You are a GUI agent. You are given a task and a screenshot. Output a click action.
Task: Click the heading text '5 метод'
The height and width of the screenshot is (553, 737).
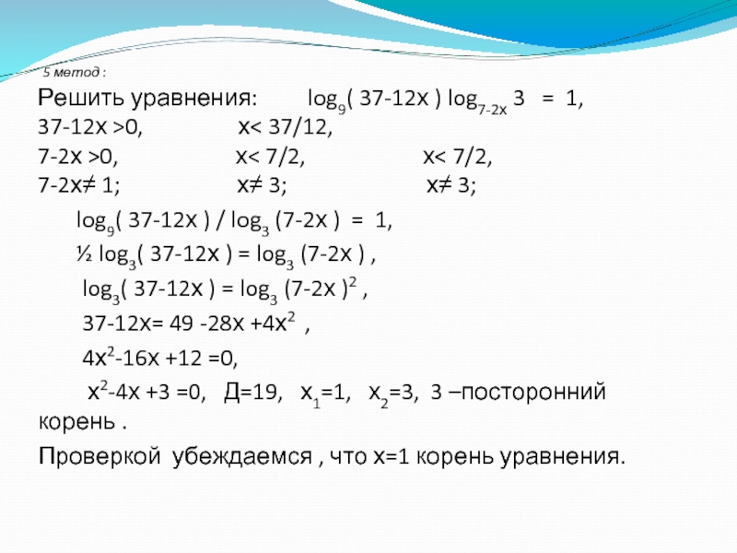tap(72, 73)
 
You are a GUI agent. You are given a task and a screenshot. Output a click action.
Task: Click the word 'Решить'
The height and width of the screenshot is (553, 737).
tap(81, 98)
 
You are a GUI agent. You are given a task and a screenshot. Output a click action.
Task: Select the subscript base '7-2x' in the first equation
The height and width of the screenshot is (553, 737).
tap(492, 110)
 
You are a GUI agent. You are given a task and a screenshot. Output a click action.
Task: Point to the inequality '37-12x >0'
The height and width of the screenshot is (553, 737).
tap(90, 127)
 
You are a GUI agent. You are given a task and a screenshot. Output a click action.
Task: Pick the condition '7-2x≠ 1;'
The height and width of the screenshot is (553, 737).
tap(79, 185)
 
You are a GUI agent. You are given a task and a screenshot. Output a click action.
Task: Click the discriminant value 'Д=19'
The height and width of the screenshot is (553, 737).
tap(252, 393)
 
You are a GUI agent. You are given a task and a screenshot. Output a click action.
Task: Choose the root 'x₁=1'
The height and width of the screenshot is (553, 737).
tap(325, 394)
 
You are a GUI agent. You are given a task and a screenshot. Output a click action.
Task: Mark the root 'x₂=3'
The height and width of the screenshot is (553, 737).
tap(393, 394)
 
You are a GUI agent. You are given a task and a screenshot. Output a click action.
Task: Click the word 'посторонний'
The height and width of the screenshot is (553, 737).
tap(533, 393)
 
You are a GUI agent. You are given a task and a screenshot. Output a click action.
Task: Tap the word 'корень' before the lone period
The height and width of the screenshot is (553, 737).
tap(76, 422)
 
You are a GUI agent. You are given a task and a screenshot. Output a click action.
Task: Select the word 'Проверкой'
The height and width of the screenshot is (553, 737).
tap(99, 456)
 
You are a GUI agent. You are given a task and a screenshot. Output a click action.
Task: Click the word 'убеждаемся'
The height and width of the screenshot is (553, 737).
tap(241, 456)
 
